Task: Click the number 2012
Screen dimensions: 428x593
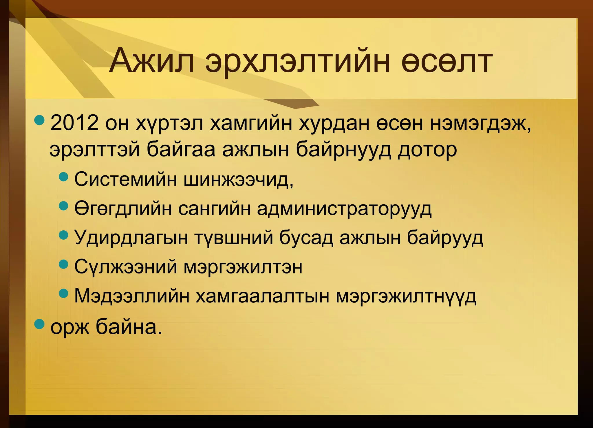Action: [74, 123]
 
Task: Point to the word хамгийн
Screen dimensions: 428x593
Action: [250, 124]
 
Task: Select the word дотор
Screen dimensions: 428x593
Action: [427, 150]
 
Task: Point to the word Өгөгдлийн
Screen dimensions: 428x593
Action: [123, 209]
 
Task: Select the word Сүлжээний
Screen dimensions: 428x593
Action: [125, 267]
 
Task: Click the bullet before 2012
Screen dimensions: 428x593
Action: [39, 119]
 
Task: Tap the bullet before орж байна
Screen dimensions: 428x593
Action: [39, 324]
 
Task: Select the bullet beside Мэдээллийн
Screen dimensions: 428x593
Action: [63, 293]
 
